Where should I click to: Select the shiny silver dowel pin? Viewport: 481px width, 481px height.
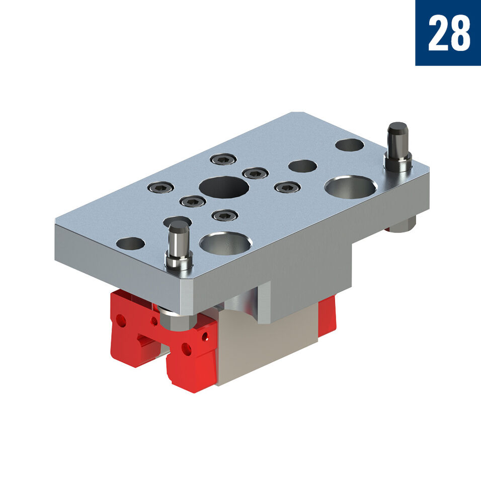pos(179,246)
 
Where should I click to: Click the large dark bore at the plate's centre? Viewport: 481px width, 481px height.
pos(224,187)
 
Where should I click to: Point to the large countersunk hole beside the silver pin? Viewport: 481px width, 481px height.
pos(225,244)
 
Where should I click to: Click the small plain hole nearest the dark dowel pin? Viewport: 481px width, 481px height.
pos(350,145)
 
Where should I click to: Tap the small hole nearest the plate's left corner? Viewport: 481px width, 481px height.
pos(130,244)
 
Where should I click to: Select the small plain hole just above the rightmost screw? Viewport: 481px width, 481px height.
pos(303,166)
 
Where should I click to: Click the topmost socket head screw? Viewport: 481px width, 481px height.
pos(223,159)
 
